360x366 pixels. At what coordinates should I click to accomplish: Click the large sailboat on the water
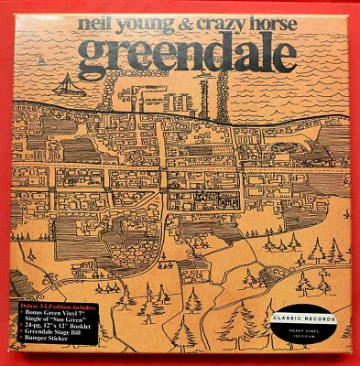pyautogui.click(x=65, y=83)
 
